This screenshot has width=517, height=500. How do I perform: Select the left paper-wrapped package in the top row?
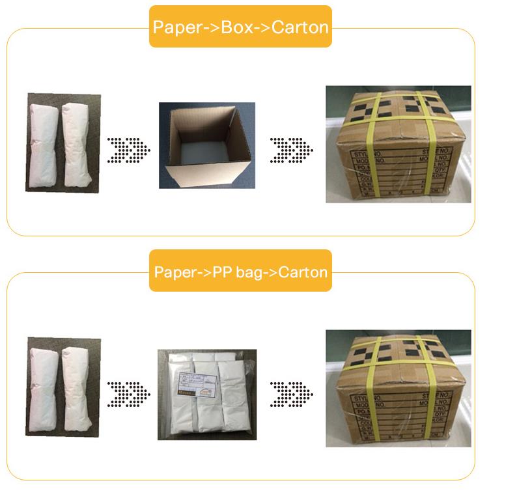pyautogui.click(x=46, y=143)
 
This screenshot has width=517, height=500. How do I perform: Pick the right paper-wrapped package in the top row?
pyautogui.click(x=79, y=143)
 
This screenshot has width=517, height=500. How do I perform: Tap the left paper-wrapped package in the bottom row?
pyautogui.click(x=46, y=386)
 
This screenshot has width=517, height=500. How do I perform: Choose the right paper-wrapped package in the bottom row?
pyautogui.click(x=79, y=386)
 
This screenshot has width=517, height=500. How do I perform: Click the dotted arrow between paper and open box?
pyautogui.click(x=129, y=149)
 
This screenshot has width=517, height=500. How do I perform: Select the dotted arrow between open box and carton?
pyautogui.click(x=292, y=149)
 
